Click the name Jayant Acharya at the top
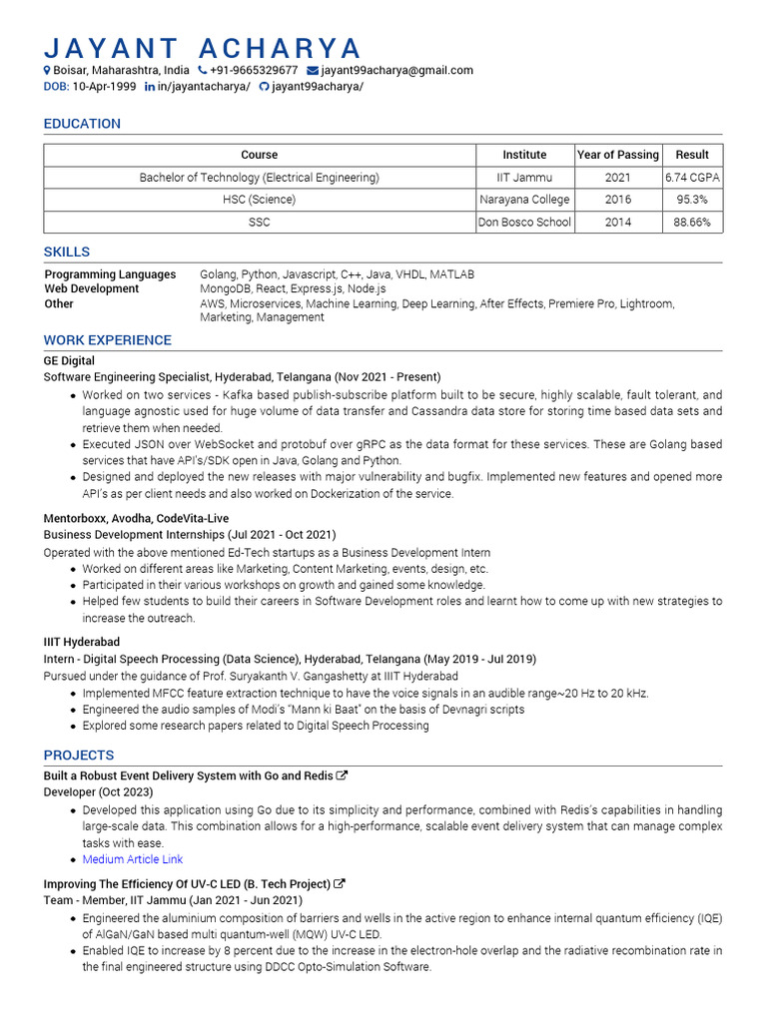coord(202,47)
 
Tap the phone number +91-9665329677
coord(254,71)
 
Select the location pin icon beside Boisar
coord(47,71)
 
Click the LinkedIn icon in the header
coord(150,87)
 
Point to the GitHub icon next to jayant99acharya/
coord(264,87)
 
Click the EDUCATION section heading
coord(82,124)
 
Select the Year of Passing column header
coord(618,155)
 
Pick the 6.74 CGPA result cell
coord(692,178)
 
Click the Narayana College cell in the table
coord(524,200)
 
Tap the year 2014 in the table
coord(618,222)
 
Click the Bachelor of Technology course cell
coord(259,178)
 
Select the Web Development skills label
coord(92,288)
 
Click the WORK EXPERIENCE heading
coord(107,340)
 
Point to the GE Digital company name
coord(69,360)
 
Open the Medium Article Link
coord(133,859)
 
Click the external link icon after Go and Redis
coord(343,775)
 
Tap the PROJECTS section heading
coord(79,756)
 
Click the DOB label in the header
coord(56,87)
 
